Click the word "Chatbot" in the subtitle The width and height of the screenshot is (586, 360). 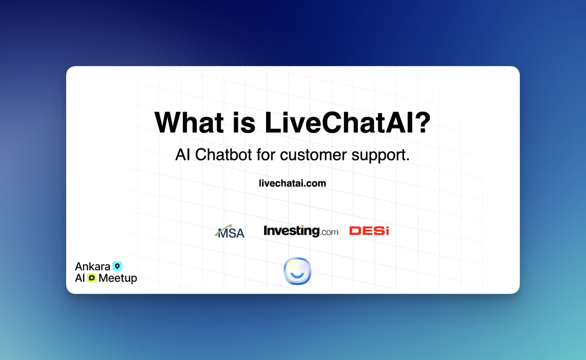click(x=224, y=155)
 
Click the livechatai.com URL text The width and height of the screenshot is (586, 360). click(x=292, y=183)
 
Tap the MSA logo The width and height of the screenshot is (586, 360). click(x=230, y=232)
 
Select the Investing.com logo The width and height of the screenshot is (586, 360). click(x=301, y=231)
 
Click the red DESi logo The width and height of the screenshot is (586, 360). click(x=369, y=231)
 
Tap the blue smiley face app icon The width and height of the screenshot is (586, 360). click(x=297, y=271)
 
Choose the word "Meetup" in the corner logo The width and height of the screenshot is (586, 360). click(x=118, y=278)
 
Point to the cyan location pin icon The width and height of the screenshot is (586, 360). click(x=118, y=266)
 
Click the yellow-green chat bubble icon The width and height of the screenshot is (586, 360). click(x=92, y=278)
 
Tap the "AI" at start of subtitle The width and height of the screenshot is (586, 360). click(x=183, y=155)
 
